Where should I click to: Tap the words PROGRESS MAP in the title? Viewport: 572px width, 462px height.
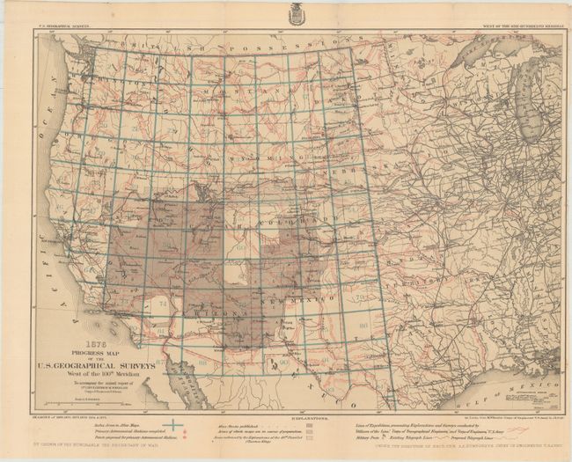click(x=98, y=354)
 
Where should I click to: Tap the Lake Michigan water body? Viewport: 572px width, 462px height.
click(x=531, y=114)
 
